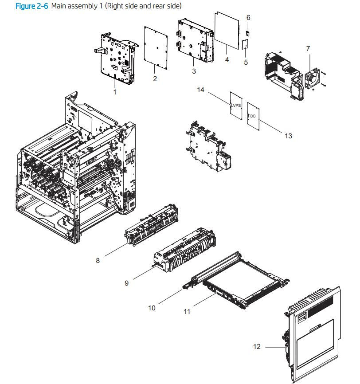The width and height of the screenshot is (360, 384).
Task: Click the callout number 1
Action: click(115, 92)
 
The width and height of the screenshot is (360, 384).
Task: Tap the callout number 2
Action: click(155, 79)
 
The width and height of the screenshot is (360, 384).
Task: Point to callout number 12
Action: click(257, 347)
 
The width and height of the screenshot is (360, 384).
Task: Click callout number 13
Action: click(288, 136)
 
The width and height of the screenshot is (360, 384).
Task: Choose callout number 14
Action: click(201, 90)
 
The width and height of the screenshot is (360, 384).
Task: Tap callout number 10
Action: click(152, 307)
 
